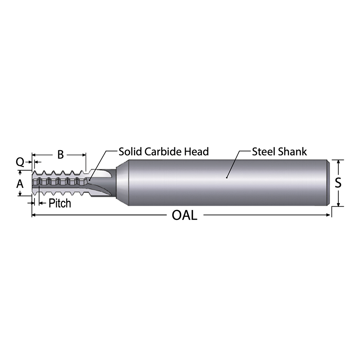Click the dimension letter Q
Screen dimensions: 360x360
20,162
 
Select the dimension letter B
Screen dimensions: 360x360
60,155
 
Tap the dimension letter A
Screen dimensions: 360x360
20,184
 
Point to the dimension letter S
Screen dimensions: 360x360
338,183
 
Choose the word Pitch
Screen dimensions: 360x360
60,203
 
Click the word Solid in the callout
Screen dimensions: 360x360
131,152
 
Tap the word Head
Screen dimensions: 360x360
197,152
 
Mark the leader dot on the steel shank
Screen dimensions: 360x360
227,177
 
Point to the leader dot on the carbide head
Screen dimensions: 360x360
89,179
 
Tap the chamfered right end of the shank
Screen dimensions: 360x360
328,183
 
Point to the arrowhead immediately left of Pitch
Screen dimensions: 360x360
41,203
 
